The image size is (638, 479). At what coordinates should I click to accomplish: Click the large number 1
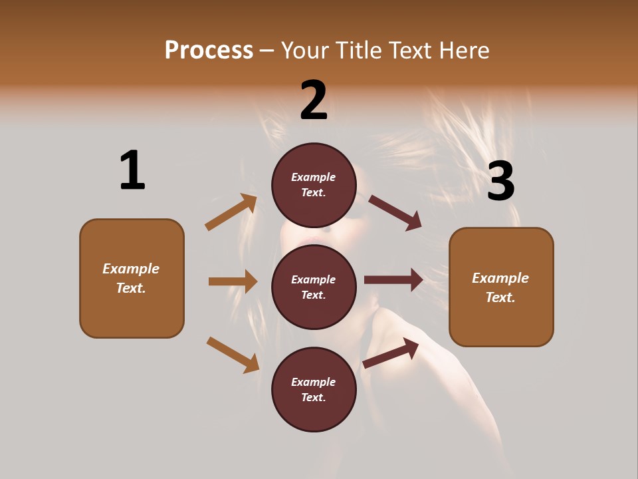pyautogui.click(x=132, y=170)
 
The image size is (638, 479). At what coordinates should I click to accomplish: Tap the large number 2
pyautogui.click(x=314, y=100)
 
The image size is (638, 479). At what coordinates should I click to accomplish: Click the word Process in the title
pyautogui.click(x=209, y=50)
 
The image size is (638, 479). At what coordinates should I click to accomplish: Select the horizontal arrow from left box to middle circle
pyautogui.click(x=233, y=281)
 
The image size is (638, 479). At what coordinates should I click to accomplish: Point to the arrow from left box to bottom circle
pyautogui.click(x=233, y=354)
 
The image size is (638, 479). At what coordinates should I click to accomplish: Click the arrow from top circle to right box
pyautogui.click(x=395, y=212)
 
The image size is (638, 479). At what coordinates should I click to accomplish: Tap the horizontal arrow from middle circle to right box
pyautogui.click(x=393, y=279)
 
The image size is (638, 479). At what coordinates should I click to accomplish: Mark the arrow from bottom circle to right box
pyautogui.click(x=391, y=352)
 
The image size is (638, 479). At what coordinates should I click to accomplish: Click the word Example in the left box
pyautogui.click(x=131, y=269)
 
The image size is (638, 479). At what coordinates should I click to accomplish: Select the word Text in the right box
pyautogui.click(x=500, y=297)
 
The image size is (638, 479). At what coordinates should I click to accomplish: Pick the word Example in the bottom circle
pyautogui.click(x=314, y=382)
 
